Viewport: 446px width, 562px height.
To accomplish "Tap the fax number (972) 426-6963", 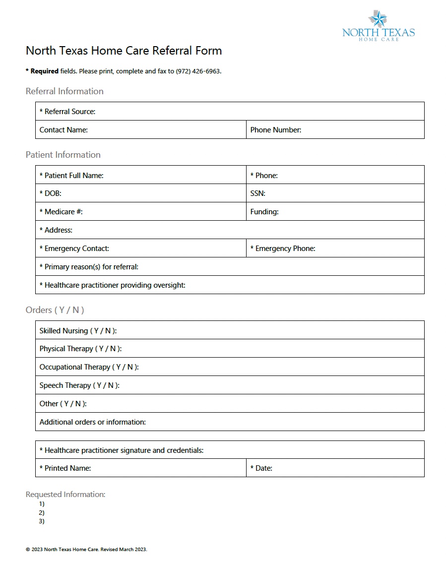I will pos(198,71).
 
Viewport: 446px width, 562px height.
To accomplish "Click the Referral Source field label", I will pos(67,112).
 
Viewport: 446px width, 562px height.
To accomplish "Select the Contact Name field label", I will pos(64,130).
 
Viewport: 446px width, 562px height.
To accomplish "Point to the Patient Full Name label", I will pos(71,176).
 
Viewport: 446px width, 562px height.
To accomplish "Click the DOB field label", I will pos(51,193).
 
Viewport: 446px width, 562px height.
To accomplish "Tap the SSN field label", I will pos(257,193).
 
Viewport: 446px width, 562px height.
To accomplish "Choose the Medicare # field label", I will pos(61,212).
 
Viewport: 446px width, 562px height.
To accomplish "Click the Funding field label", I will pos(264,212).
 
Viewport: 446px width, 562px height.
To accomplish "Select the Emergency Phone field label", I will pos(283,249).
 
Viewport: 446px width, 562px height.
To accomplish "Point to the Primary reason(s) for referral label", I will pos(89,267).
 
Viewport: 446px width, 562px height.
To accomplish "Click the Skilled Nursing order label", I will pos(78,331).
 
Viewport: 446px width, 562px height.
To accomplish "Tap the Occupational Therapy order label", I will pos(89,367).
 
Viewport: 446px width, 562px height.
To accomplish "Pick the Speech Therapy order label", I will pos(79,385).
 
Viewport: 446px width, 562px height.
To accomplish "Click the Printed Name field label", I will pos(65,468).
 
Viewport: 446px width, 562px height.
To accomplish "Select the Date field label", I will pos(261,468).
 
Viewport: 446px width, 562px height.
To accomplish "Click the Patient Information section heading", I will pos(63,155).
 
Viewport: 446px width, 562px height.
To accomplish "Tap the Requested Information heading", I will pos(65,495).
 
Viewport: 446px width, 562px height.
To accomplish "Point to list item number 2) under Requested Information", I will pos(42,512).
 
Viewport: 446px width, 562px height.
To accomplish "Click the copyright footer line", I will pos(86,550).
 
